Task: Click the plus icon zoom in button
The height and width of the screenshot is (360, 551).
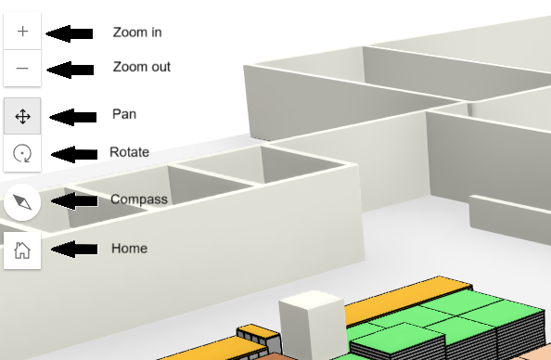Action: [22, 32]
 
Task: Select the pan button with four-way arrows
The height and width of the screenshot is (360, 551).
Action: [22, 116]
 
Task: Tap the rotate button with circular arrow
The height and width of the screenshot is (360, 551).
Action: [22, 153]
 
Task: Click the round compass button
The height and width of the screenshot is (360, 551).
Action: [22, 200]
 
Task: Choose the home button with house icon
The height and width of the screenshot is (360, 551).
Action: [22, 250]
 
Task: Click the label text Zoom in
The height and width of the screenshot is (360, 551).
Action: [137, 32]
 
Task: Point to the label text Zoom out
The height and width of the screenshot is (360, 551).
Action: [141, 68]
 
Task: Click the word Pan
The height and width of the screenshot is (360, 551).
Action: [124, 114]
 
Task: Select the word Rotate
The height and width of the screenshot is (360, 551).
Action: [129, 152]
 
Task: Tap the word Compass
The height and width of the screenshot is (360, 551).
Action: [138, 199]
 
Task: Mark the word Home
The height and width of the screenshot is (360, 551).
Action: [129, 249]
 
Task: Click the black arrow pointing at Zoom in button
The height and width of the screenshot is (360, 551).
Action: [70, 33]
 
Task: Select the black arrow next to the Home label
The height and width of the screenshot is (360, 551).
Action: [75, 250]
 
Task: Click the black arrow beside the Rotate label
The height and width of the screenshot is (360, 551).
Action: [75, 154]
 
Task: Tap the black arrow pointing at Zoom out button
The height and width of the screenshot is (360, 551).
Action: [70, 69]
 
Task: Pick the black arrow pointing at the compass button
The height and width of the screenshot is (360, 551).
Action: [75, 200]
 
